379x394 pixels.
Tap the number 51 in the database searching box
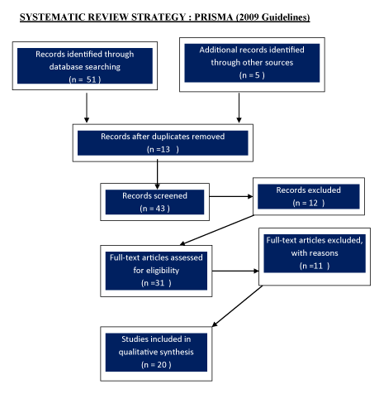(92, 79)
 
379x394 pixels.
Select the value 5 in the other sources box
(257, 75)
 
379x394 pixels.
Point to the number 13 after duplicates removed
(165, 149)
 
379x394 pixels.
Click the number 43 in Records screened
(160, 209)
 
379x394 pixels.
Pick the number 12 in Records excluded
(313, 203)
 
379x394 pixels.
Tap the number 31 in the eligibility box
(159, 283)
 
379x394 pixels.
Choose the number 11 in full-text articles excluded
(318, 266)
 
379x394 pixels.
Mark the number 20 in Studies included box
(162, 365)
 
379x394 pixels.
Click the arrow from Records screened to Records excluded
(231, 196)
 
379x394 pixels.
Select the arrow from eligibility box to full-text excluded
(235, 271)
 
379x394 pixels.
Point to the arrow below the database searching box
(87, 108)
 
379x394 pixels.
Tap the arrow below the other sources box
(239, 108)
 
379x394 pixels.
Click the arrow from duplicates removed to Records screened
(157, 174)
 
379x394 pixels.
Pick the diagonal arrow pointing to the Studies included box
(237, 306)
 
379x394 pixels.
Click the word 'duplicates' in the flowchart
(171, 137)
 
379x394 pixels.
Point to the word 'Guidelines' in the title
(285, 17)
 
